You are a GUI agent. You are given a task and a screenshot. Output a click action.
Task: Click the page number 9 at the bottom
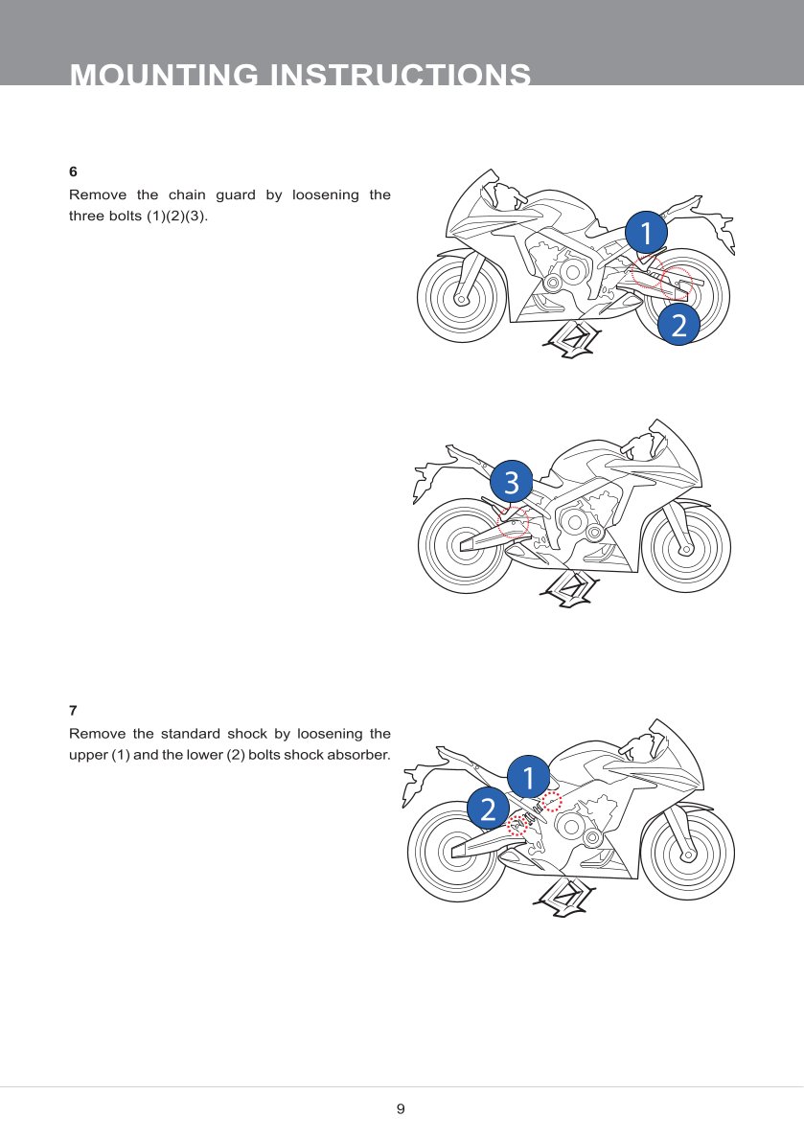(401, 1108)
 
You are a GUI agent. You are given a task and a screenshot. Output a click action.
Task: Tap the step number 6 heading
(73, 171)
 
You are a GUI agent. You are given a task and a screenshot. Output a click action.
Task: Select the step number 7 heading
(73, 710)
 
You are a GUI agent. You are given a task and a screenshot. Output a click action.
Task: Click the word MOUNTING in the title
(164, 75)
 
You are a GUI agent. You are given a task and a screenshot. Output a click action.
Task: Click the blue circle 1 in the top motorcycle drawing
(646, 233)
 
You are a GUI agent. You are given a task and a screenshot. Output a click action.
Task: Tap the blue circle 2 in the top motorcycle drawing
(679, 324)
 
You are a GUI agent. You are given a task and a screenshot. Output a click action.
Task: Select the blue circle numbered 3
(511, 481)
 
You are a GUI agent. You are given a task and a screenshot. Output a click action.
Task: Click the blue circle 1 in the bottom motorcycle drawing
(528, 777)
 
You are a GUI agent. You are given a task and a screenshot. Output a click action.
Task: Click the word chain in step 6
(187, 194)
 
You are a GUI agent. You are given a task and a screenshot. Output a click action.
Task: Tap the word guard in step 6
(236, 194)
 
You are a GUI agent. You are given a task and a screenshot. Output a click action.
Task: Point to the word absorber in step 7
(358, 755)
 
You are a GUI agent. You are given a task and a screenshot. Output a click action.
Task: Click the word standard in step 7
(190, 734)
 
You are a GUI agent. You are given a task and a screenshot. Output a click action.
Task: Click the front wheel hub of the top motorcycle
(461, 297)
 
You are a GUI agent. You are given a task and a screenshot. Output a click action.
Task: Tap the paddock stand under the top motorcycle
(574, 339)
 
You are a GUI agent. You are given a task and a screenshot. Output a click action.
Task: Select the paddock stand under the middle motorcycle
(571, 589)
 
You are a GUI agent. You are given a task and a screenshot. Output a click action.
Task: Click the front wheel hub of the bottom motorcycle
(687, 853)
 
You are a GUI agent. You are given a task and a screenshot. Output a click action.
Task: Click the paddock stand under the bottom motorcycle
(564, 897)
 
